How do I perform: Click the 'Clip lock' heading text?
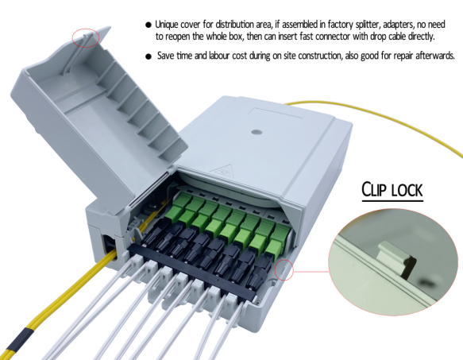tap(392, 189)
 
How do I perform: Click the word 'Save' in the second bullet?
tap(165, 56)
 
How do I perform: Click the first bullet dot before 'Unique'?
tap(149, 25)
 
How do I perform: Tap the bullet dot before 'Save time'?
tap(149, 56)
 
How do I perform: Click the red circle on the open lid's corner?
tap(86, 38)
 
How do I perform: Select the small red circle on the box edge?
tap(284, 269)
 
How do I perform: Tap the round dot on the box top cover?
tap(257, 132)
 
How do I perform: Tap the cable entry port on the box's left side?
tap(110, 246)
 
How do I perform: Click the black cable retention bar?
tap(192, 272)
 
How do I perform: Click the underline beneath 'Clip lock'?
tap(392, 201)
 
